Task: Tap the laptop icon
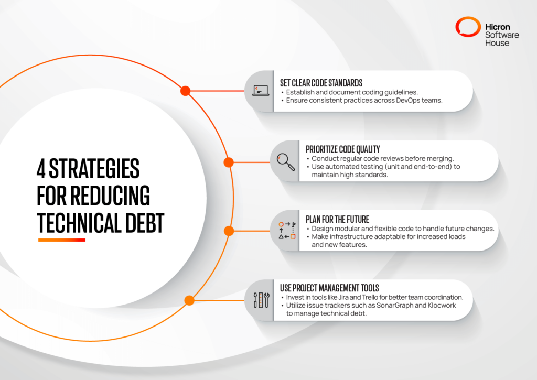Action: (260, 91)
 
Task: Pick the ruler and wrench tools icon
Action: (261, 300)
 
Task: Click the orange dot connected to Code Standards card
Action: (185, 91)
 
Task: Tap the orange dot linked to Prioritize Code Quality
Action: (229, 162)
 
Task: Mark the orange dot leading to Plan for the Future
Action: (229, 231)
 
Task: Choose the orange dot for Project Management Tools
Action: (189, 300)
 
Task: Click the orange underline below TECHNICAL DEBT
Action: (61, 240)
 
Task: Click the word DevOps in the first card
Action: (393, 101)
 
